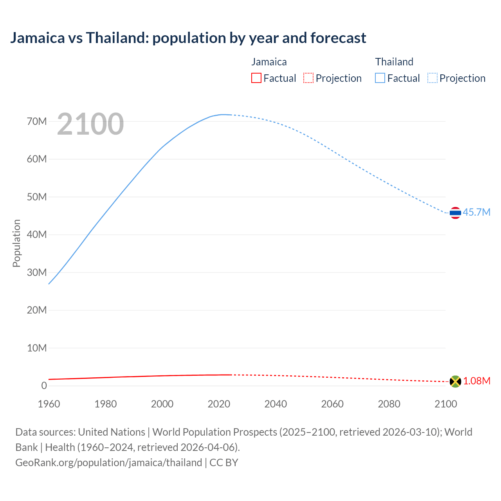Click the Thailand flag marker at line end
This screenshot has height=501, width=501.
(455, 213)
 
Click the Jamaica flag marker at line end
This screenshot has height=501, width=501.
(455, 381)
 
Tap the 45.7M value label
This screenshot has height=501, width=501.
(476, 212)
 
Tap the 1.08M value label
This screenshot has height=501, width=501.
(477, 381)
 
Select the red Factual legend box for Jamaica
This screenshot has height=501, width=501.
(256, 78)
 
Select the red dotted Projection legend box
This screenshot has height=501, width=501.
(308, 78)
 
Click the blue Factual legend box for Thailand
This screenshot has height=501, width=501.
(380, 78)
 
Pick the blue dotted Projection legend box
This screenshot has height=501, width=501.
(433, 78)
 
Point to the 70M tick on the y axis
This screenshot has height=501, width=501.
(37, 121)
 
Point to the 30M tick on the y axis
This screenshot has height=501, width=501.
(37, 272)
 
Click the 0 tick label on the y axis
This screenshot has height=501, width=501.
(44, 386)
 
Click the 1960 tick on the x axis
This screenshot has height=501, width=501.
(49, 404)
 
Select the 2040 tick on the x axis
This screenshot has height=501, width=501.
(276, 404)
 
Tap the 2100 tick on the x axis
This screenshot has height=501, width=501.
(446, 404)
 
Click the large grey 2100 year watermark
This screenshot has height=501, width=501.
(90, 124)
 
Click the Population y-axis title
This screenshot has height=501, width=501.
(16, 243)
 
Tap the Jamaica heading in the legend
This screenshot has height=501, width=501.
(269, 62)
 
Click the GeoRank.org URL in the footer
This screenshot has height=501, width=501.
(108, 462)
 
